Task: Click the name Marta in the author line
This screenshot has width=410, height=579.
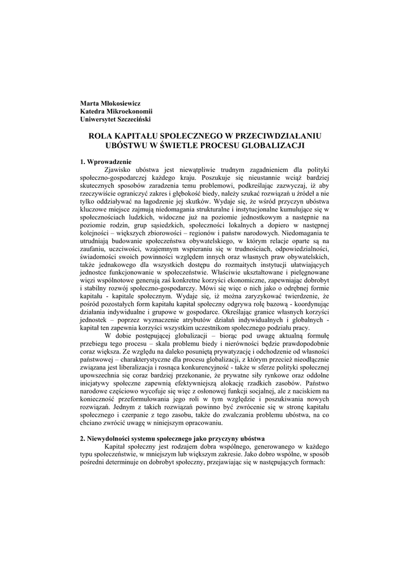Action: coord(89,103)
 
